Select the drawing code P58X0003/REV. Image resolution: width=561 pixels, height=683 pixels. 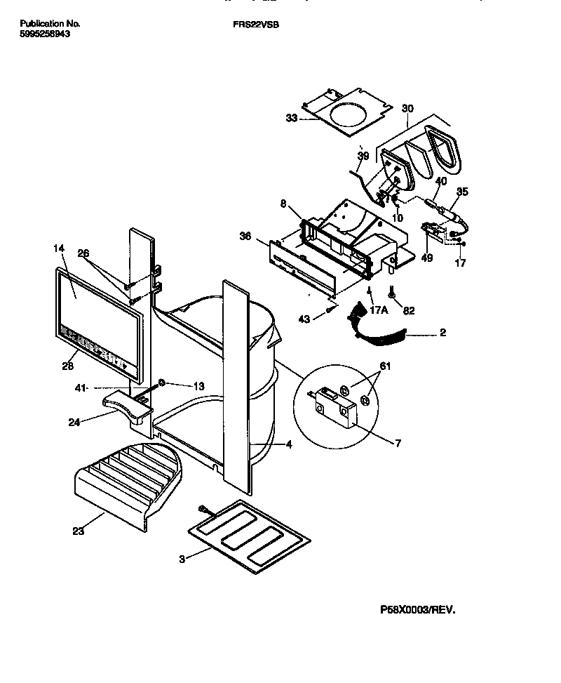point(417,611)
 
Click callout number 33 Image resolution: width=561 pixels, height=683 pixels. point(291,118)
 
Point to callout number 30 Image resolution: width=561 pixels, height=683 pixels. point(407,108)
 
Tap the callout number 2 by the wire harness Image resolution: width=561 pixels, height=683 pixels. point(442,333)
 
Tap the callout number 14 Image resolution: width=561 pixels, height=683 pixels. point(58,248)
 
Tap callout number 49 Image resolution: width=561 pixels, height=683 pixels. point(427,258)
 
